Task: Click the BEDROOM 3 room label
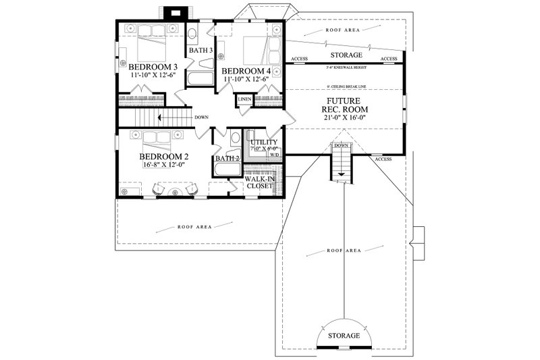(x=153, y=68)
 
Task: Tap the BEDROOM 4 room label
(x=246, y=71)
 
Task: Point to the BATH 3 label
(x=200, y=51)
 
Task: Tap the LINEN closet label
(x=244, y=101)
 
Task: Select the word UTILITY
(x=263, y=143)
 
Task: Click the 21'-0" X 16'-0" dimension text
(x=345, y=116)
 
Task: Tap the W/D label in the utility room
(x=275, y=154)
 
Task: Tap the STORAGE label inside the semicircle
(x=345, y=336)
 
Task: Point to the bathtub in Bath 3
(x=200, y=78)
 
